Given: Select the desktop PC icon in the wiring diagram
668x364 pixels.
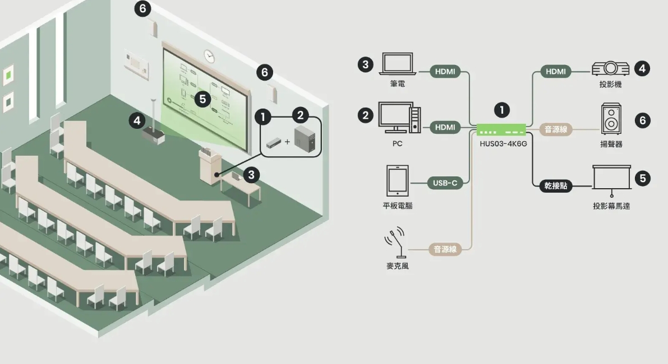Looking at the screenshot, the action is pos(399,118).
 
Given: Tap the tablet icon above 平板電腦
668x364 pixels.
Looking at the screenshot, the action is pos(398,181).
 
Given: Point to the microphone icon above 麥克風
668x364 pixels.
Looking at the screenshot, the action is pos(396,242).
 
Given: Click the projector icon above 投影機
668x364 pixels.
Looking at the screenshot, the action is pos(610,68).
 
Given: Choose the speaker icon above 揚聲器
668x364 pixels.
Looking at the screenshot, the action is pos(611,119).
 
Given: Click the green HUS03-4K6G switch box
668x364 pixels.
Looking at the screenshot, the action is pos(501,129).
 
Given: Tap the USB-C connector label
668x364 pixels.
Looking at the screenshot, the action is pos(445,183).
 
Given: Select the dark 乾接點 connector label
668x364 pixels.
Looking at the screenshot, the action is pos(555,186).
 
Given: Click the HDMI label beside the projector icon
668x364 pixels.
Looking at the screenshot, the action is pos(556,72).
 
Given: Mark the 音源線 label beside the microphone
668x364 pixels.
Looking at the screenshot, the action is pos(445,249).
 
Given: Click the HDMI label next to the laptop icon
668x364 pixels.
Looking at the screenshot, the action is pos(445,72).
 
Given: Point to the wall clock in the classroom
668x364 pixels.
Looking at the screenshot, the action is pos(209,55).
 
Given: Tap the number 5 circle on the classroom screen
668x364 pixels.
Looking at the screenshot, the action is pos(203,99).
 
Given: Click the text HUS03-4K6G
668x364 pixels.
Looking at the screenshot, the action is pos(503,144).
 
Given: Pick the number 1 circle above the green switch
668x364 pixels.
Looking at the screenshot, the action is pos(502,110).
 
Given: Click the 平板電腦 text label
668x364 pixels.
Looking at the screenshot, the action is pos(398,206).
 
